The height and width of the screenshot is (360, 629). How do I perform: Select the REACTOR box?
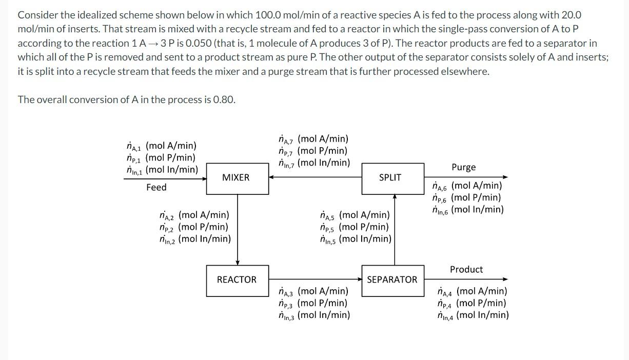pyautogui.click(x=237, y=280)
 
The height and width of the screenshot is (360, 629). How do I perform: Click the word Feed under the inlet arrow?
pyautogui.click(x=156, y=188)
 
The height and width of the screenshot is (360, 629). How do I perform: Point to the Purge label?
pyautogui.click(x=463, y=167)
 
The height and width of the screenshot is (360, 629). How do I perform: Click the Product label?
pyautogui.click(x=466, y=269)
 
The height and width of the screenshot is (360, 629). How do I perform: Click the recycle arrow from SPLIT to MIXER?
pyautogui.click(x=315, y=177)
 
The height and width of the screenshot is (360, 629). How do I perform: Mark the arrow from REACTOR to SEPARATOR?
pyautogui.click(x=315, y=279)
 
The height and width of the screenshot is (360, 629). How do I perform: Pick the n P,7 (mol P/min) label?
pyautogui.click(x=312, y=151)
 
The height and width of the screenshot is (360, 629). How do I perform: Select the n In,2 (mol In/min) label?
pyautogui.click(x=195, y=239)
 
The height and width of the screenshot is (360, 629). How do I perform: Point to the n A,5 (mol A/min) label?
pyautogui.click(x=355, y=215)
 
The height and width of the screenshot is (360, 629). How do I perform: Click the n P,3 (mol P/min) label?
pyautogui.click(x=312, y=303)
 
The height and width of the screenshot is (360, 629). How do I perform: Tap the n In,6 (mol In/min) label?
pyautogui.click(x=467, y=209)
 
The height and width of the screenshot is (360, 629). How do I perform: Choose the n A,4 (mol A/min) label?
pyautogui.click(x=472, y=291)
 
